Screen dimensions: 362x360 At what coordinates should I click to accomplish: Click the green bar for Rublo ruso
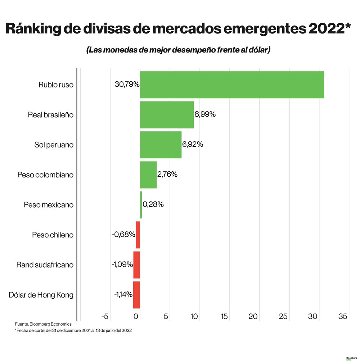click(232, 85)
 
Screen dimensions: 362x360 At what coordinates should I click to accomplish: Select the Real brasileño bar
click(167, 115)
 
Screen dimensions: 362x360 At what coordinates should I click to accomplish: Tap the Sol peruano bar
click(161, 145)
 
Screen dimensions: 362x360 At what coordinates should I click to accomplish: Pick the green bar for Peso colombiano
click(148, 175)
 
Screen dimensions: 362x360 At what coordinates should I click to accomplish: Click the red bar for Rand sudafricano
click(136, 265)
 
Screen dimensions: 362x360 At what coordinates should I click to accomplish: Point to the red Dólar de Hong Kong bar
click(136, 295)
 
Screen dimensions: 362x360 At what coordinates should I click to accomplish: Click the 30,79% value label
click(127, 85)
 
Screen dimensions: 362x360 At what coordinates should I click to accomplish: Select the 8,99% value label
click(205, 114)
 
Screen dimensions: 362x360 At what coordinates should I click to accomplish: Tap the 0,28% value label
click(153, 204)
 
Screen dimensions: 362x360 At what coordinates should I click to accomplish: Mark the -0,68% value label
click(123, 235)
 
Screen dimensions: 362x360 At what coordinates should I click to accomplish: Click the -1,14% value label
click(123, 295)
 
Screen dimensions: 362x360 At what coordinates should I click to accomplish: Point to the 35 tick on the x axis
click(343, 317)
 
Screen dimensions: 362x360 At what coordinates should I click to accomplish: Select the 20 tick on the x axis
click(253, 317)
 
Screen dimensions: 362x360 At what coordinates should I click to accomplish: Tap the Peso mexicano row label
click(49, 205)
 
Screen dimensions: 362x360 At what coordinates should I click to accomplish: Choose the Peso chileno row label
click(53, 235)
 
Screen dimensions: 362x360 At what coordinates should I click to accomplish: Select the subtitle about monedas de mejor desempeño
click(178, 50)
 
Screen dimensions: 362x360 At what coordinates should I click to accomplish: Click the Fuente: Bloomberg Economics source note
click(43, 324)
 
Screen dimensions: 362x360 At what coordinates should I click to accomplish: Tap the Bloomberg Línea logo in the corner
click(351, 358)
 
